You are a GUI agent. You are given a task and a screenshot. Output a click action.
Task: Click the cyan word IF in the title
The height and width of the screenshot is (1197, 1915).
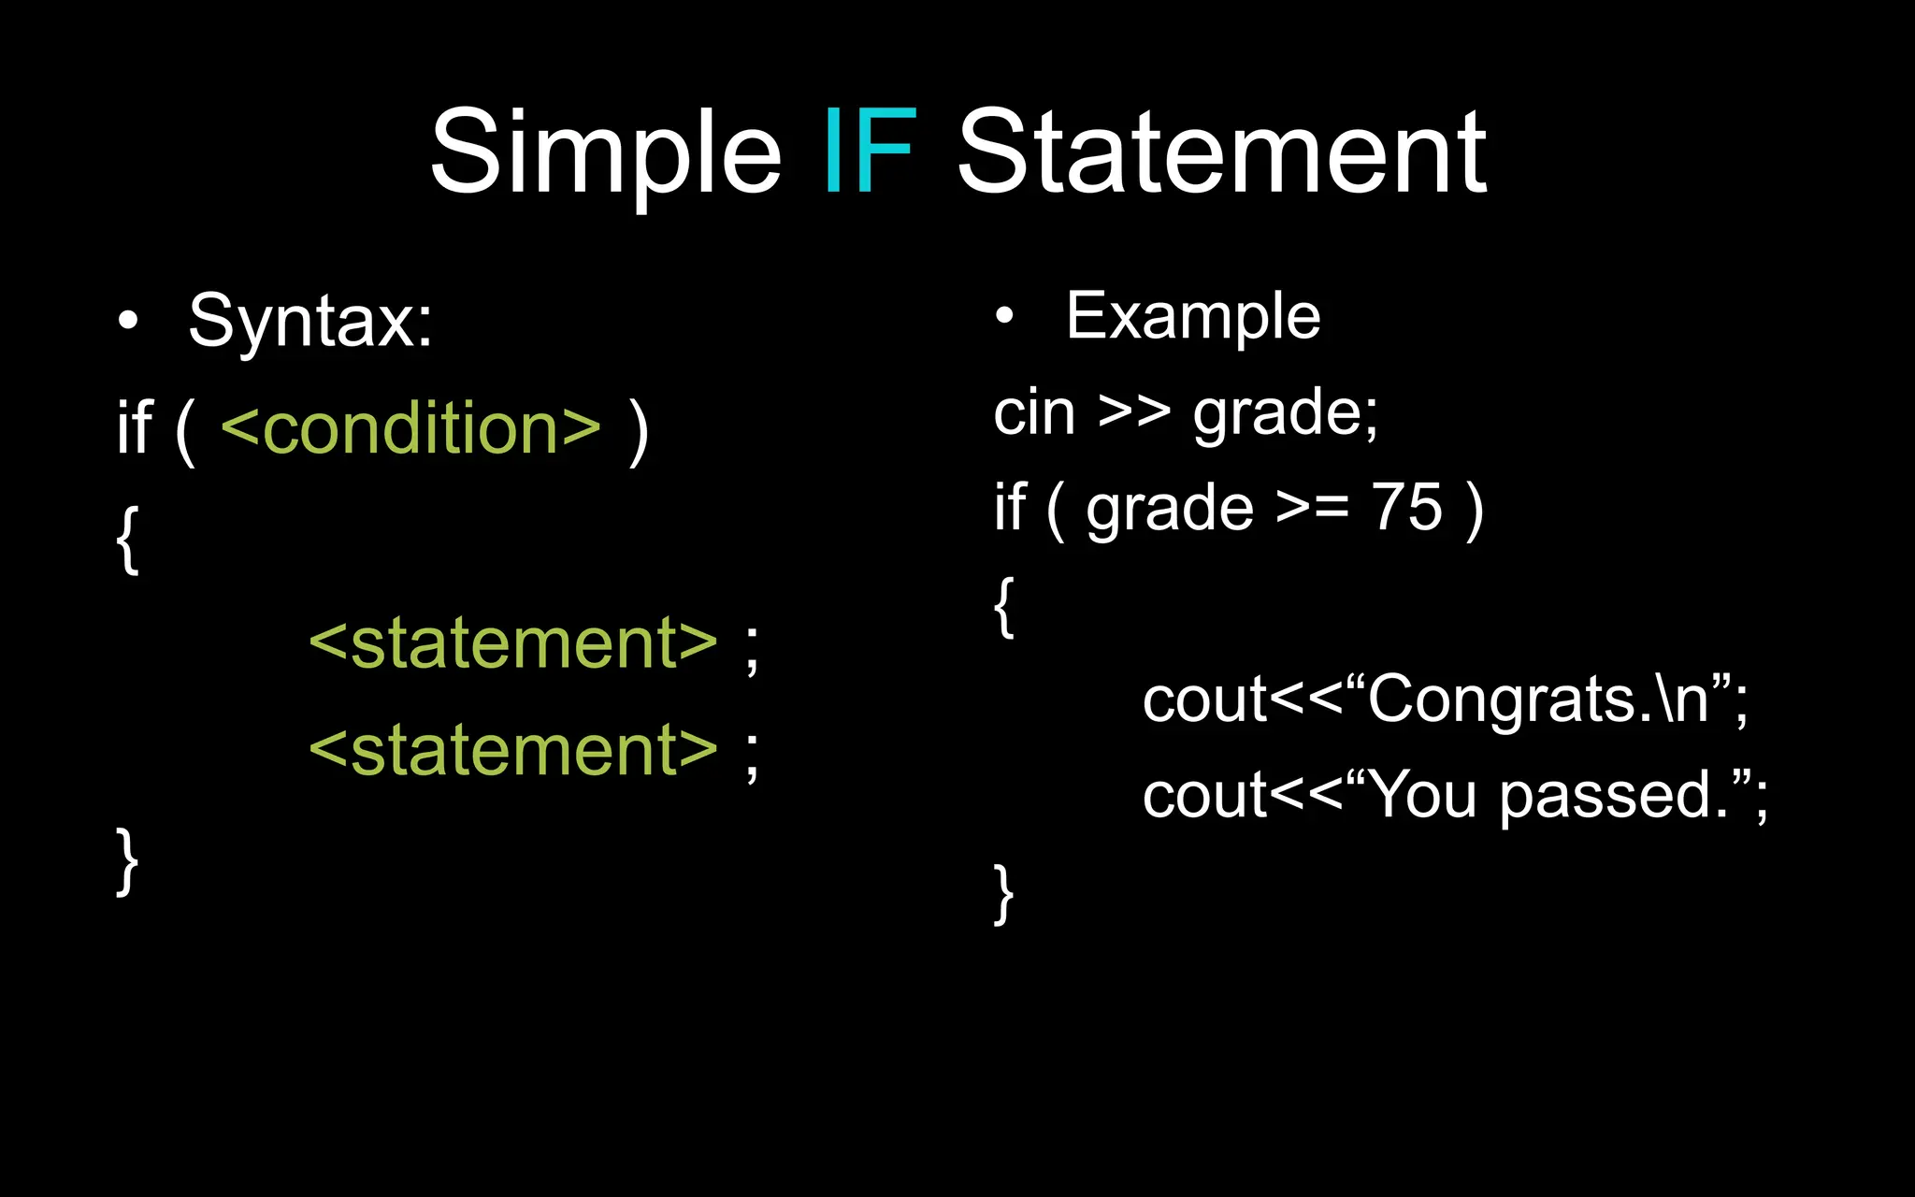click(870, 151)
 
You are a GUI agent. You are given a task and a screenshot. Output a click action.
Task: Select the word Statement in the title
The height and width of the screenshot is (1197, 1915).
click(1221, 151)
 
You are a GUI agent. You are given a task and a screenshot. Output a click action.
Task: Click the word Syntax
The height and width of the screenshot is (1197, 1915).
click(310, 322)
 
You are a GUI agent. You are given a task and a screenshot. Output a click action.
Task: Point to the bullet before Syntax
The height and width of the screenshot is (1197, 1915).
click(128, 322)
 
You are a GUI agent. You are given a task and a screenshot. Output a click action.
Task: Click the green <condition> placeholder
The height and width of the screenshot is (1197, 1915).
click(410, 428)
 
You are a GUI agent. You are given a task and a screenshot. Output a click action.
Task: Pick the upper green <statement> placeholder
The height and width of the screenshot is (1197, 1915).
click(513, 643)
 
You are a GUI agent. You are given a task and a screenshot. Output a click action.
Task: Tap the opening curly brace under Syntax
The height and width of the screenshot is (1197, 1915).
click(128, 540)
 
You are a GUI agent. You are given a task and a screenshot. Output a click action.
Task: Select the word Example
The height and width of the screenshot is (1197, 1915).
click(1193, 317)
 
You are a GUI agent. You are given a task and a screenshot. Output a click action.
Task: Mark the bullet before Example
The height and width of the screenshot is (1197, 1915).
click(1004, 317)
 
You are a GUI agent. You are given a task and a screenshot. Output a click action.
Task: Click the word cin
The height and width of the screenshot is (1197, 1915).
click(1034, 412)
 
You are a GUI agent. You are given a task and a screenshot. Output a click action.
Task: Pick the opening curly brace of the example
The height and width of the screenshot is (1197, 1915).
click(1004, 607)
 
